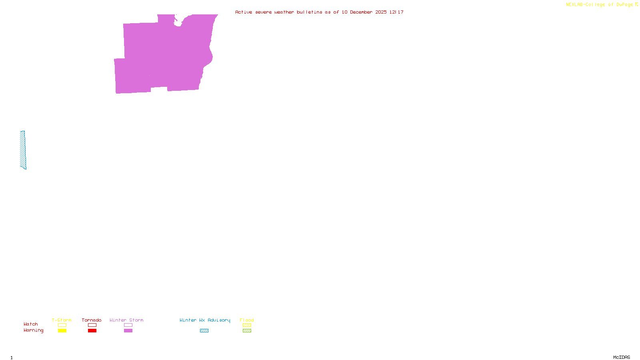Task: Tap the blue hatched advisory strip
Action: click(x=23, y=150)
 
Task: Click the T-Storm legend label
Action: click(x=62, y=320)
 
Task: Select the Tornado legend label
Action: click(x=92, y=320)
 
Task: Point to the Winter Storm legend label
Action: click(x=126, y=320)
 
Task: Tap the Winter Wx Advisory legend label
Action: click(x=205, y=320)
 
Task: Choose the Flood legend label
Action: click(x=247, y=320)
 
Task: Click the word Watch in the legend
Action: click(x=31, y=324)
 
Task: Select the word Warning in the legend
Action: click(x=34, y=330)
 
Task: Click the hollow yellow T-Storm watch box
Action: click(x=62, y=325)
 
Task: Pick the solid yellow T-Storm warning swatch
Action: click(x=62, y=331)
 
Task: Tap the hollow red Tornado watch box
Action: click(x=92, y=325)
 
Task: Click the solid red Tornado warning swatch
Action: click(x=92, y=331)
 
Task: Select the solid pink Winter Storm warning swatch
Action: click(x=128, y=331)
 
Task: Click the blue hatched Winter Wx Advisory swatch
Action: click(x=204, y=331)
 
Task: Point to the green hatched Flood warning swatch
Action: click(x=247, y=331)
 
